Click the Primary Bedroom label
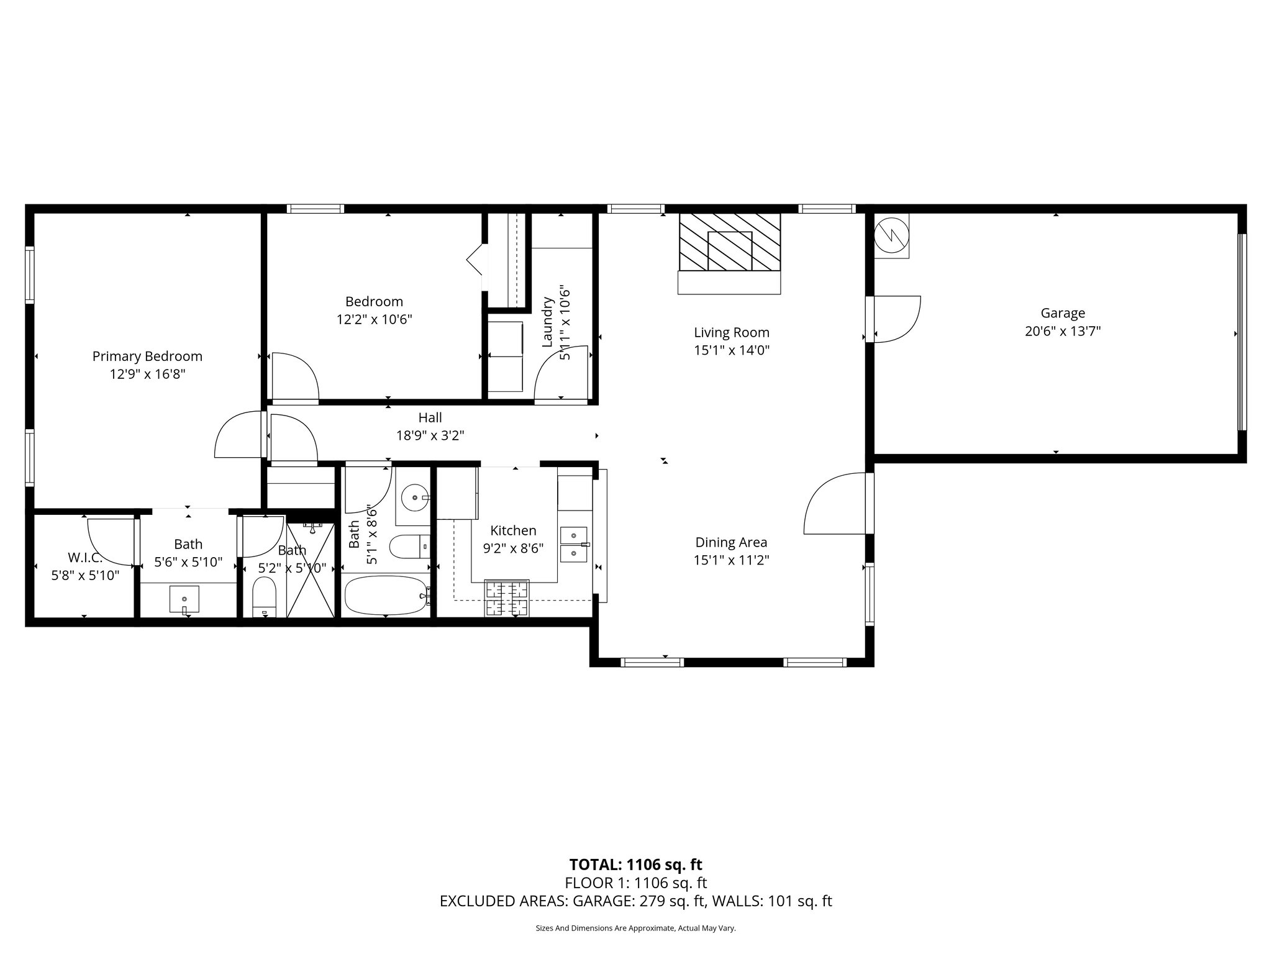147,357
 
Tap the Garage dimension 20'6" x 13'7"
1063,332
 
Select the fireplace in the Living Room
729,243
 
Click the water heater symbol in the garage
891,235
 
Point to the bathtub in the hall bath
386,595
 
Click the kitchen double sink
573,543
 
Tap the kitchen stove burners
507,598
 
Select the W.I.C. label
84,558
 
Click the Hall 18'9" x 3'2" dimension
430,435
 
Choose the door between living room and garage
894,319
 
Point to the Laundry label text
547,322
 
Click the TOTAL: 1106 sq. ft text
635,865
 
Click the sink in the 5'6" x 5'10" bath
184,599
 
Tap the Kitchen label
513,530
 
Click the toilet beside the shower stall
265,596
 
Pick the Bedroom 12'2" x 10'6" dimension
374,320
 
